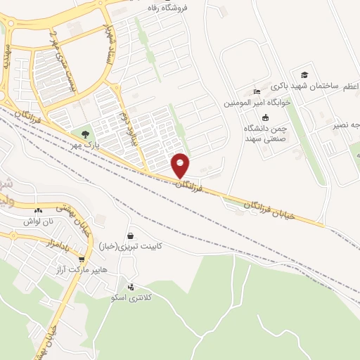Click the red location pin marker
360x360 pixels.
(181, 165)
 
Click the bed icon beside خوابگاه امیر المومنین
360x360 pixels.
(257, 92)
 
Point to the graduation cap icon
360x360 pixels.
(304, 75)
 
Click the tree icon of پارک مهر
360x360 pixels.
(85, 133)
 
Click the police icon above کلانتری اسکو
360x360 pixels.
(131, 286)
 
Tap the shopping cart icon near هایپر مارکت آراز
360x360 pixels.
(82, 258)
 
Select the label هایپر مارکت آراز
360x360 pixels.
(75, 270)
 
